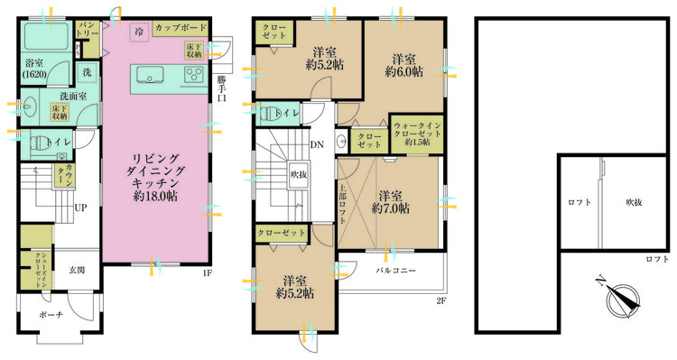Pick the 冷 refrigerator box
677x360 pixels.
(x=139, y=31)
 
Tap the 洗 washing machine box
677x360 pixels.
(x=87, y=70)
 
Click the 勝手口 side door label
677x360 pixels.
(x=222, y=88)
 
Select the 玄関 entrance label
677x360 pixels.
(x=78, y=269)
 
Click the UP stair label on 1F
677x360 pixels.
(x=80, y=208)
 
